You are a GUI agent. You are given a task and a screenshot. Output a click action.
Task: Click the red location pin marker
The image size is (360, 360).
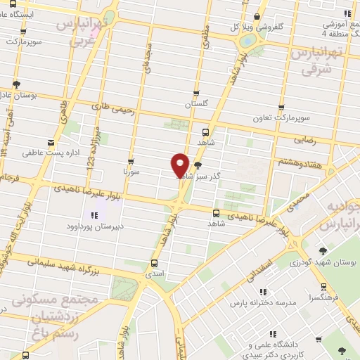pyautogui.click(x=180, y=164)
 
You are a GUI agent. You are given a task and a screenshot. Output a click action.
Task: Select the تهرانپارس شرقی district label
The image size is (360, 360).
pyautogui.click(x=314, y=62)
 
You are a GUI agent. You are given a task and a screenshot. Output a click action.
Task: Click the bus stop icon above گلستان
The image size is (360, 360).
pyautogui.click(x=196, y=93)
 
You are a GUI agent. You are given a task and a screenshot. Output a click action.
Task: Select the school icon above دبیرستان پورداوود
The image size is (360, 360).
pyautogui.click(x=93, y=214)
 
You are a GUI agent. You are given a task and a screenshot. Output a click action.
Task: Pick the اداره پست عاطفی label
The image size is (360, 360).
pyautogui.click(x=49, y=152)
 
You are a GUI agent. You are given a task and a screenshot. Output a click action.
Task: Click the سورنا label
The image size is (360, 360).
pyautogui.click(x=131, y=171)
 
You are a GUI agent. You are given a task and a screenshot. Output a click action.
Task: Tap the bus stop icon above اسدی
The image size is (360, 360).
pyautogui.click(x=154, y=264)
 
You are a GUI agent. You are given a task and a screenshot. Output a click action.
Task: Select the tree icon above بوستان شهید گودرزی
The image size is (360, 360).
pyautogui.click(x=323, y=250)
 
